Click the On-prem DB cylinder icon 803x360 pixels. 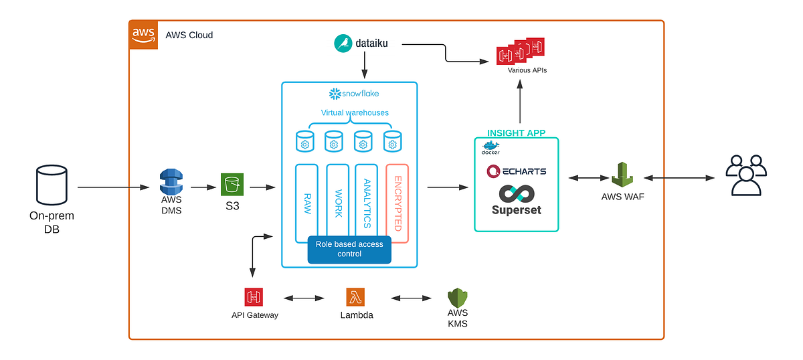point(52,187)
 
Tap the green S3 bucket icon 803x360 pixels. point(232,185)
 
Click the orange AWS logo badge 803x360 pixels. point(143,35)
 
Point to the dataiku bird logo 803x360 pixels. point(344,44)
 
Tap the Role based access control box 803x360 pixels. point(349,250)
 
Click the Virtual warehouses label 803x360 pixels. point(354,112)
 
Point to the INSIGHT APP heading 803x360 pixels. point(516,132)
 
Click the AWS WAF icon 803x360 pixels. point(623,175)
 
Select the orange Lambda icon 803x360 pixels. point(355,297)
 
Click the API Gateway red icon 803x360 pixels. point(254,297)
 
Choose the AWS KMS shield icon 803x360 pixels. point(458,297)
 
